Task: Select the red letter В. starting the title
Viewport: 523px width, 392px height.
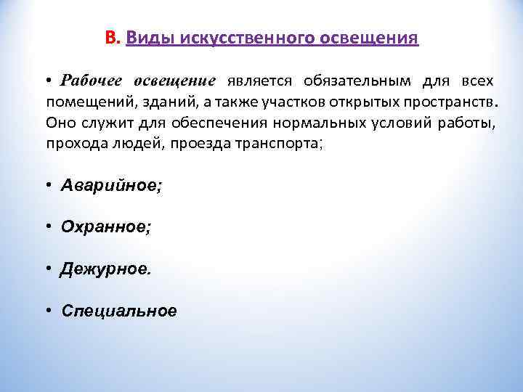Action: point(112,38)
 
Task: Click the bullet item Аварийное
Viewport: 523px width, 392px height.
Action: point(112,186)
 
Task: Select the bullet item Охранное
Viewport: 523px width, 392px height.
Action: point(106,227)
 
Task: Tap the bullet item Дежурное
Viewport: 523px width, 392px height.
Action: point(107,269)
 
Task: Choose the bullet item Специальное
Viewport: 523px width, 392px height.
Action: point(119,311)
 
